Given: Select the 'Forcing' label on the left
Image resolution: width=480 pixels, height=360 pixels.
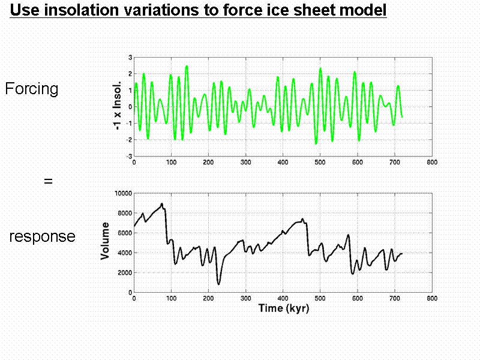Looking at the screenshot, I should point(32,89).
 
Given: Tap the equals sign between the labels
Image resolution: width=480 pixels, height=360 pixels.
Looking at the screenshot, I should point(49,180).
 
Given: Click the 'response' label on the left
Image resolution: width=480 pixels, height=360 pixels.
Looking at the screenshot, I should point(42,236).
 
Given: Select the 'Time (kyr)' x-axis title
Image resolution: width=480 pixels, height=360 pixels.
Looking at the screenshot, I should point(284,308).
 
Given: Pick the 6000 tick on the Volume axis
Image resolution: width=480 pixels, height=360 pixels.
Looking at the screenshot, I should point(124,233).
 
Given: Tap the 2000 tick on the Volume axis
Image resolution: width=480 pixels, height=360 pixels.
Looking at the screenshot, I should point(124,272).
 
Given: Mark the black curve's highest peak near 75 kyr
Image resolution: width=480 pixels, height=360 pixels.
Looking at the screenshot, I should point(162,204).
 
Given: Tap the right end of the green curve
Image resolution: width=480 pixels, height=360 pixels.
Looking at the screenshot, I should point(402,116).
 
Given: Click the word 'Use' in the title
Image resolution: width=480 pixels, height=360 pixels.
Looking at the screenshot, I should point(23,10).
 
